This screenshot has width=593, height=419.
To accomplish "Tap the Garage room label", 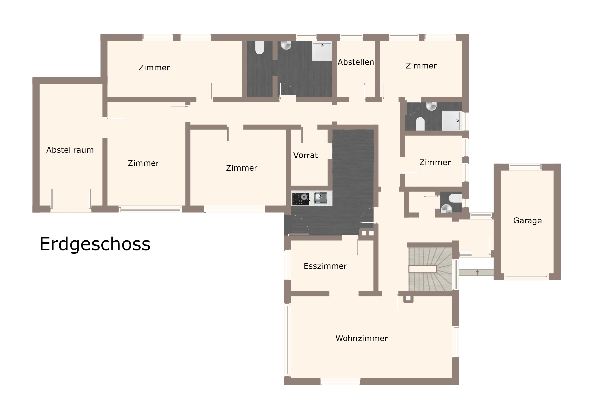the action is (527, 221).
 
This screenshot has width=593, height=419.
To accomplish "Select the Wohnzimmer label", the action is (362, 339).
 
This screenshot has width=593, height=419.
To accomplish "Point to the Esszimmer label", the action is (325, 266).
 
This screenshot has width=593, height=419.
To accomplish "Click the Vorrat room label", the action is (305, 155).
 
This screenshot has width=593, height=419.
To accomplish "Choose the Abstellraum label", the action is (70, 150).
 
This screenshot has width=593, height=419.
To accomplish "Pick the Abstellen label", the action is (356, 62).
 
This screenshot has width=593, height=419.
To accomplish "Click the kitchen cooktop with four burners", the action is (301, 199).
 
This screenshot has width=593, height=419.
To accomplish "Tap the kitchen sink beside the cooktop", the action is (321, 198).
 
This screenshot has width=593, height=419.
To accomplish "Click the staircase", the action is (430, 269).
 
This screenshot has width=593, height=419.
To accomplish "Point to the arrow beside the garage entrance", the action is (477, 272).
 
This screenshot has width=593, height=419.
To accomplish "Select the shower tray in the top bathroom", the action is (322, 51).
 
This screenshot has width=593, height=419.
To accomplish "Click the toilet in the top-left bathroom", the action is (259, 47).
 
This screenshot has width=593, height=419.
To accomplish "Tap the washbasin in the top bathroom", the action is (286, 45).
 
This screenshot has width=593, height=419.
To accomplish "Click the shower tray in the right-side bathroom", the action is (451, 121).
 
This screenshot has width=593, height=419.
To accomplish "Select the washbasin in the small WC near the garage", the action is (446, 208).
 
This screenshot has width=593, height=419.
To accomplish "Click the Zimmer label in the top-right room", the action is (421, 66).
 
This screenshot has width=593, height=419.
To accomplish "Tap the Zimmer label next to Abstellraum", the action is (143, 163).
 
